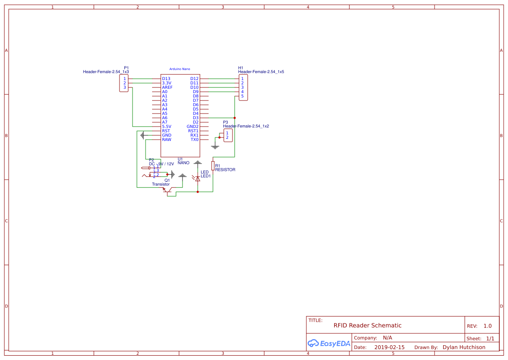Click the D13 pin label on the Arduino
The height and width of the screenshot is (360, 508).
(x=166, y=79)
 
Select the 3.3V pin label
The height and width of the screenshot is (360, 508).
(x=166, y=83)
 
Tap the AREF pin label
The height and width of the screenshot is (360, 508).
(x=167, y=87)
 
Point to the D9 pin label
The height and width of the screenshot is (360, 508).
(x=196, y=92)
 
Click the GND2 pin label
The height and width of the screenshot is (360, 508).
(x=193, y=127)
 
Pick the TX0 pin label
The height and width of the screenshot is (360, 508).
(x=194, y=140)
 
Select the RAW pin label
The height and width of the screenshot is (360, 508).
(x=166, y=140)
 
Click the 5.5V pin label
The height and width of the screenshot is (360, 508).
(x=166, y=127)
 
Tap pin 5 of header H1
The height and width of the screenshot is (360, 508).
(x=242, y=96)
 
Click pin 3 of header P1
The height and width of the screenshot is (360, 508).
(x=124, y=87)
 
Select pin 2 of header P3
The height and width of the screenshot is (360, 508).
(x=227, y=137)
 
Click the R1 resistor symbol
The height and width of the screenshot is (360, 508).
(x=213, y=166)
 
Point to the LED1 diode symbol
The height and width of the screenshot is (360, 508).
(x=198, y=178)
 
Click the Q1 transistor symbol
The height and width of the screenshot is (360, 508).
(x=169, y=190)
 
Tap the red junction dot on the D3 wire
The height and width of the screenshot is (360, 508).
(x=235, y=118)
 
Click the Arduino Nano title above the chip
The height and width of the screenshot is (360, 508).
(x=179, y=69)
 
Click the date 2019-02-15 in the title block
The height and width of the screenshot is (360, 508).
(x=389, y=347)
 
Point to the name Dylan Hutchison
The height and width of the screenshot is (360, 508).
(x=464, y=347)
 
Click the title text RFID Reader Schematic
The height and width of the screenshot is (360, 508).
(x=367, y=326)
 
